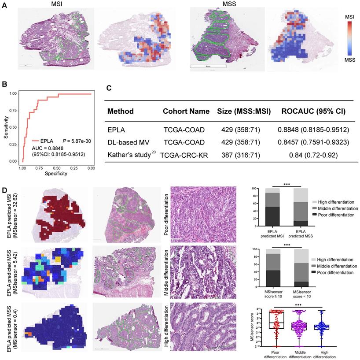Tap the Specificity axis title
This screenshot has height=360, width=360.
pos(56,173)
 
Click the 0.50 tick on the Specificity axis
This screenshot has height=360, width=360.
pos(57,168)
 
